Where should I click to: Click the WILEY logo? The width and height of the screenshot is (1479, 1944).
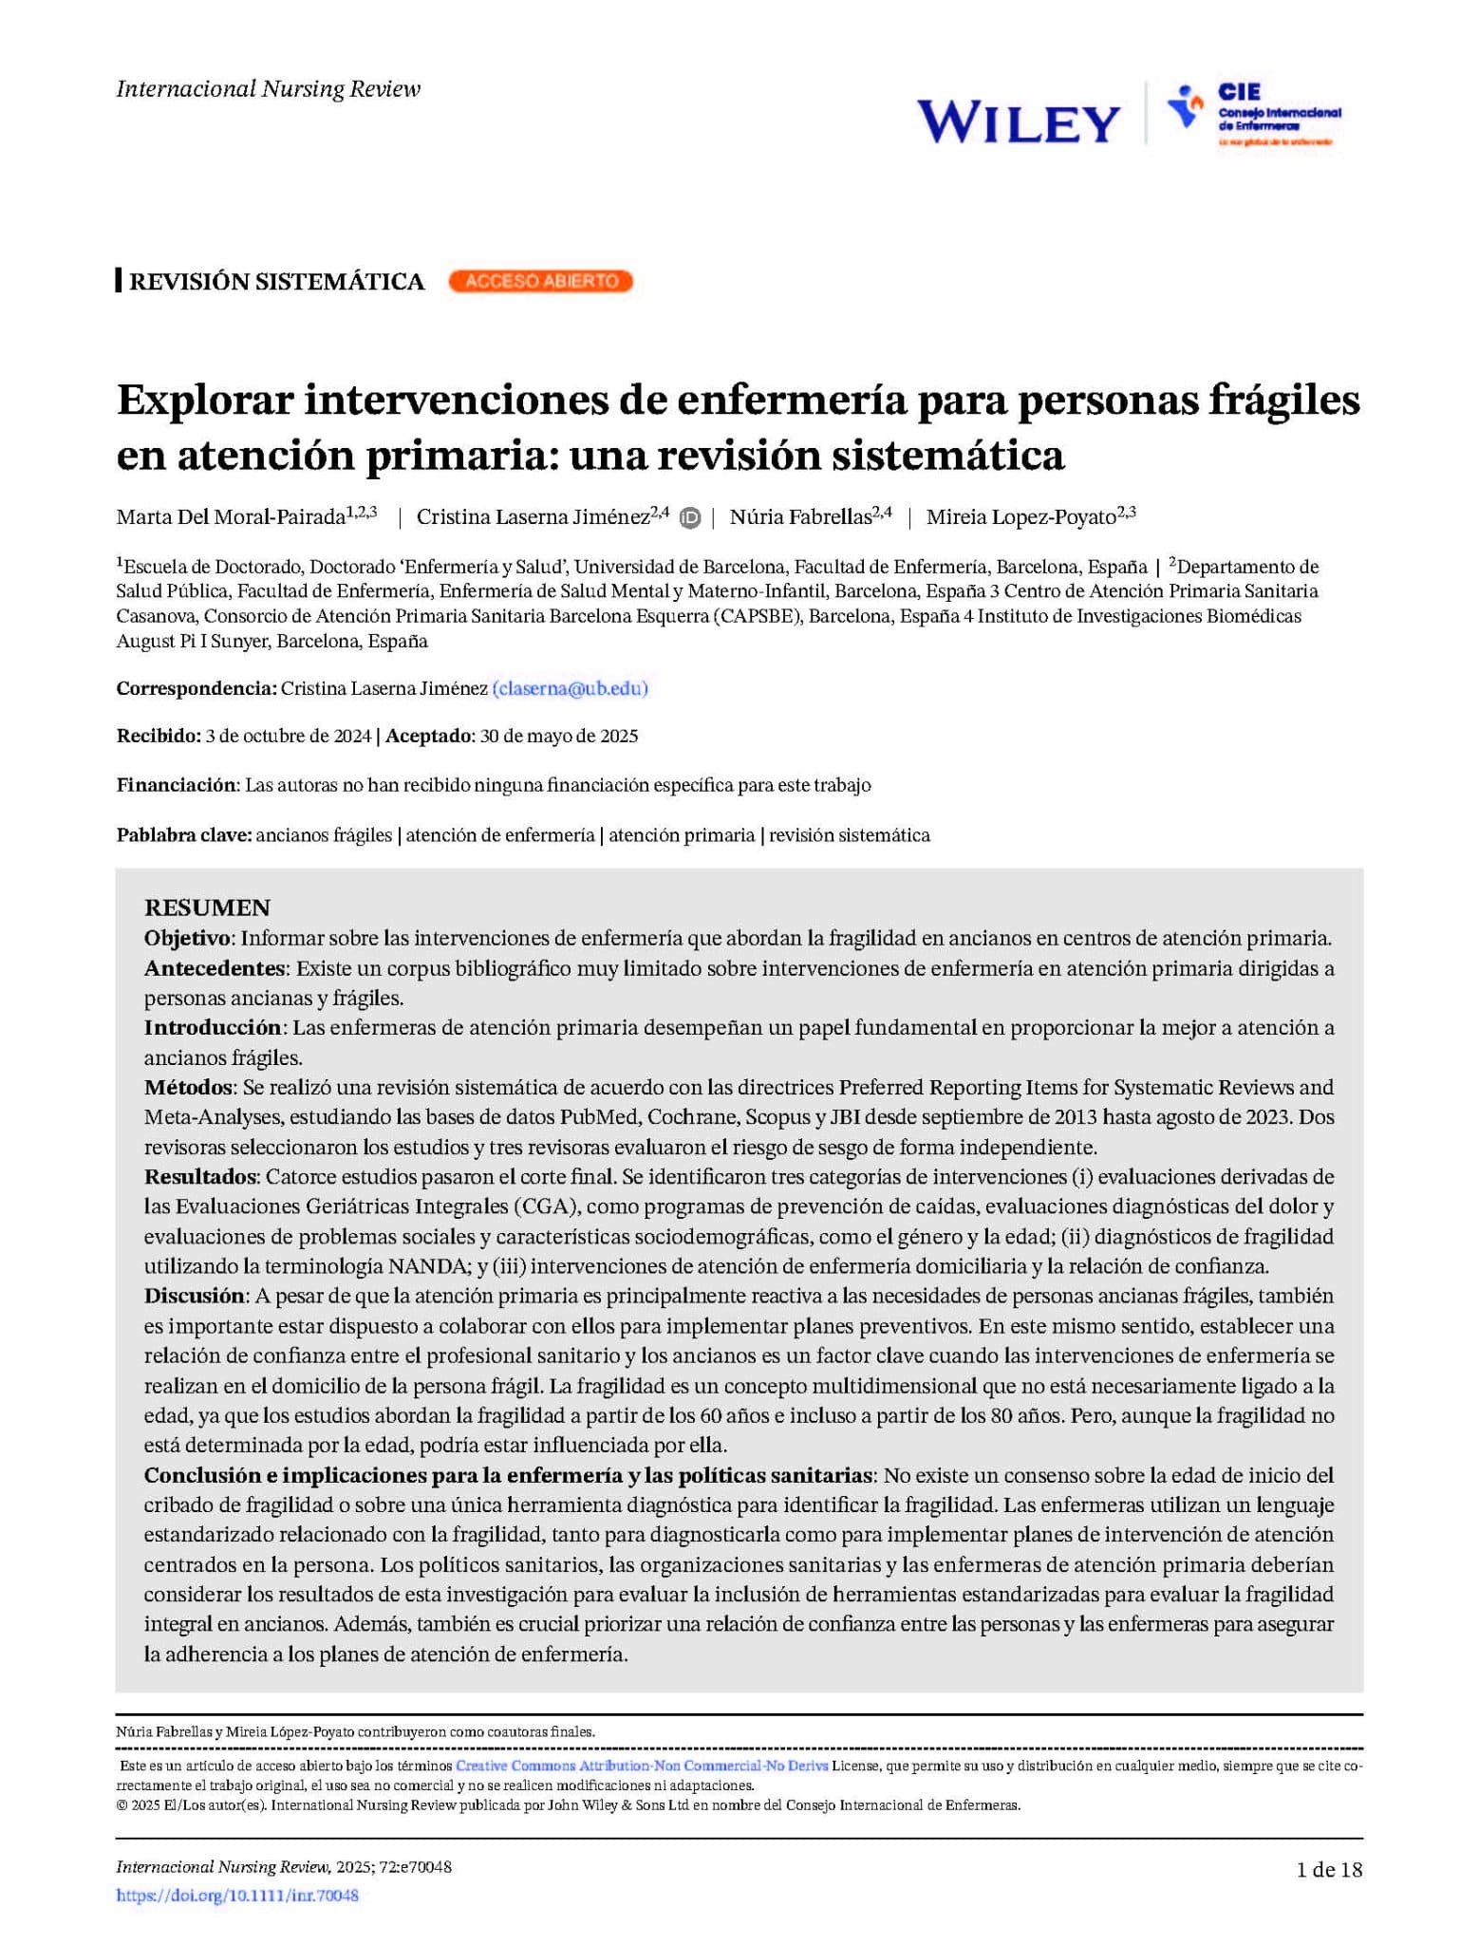pyautogui.click(x=1018, y=122)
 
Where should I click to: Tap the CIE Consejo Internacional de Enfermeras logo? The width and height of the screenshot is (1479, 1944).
pyautogui.click(x=1253, y=114)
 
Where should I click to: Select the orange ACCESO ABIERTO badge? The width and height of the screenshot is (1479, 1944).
pyautogui.click(x=540, y=281)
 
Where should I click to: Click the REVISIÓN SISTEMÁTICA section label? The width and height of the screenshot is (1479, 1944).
pyautogui.click(x=276, y=282)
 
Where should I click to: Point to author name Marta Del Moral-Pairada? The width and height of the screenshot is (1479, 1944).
pyautogui.click(x=231, y=517)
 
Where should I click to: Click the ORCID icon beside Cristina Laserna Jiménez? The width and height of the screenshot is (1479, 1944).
pyautogui.click(x=691, y=518)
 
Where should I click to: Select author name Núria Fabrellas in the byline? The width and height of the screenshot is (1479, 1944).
pyautogui.click(x=799, y=517)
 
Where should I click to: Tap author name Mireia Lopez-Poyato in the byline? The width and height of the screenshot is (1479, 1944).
pyautogui.click(x=1020, y=517)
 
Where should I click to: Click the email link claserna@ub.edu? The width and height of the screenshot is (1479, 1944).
pyautogui.click(x=570, y=688)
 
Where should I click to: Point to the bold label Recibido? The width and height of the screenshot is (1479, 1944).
pyautogui.click(x=159, y=737)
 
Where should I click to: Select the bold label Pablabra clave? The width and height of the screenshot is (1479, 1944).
pyautogui.click(x=184, y=835)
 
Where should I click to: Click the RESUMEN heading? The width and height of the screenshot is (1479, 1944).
pyautogui.click(x=207, y=907)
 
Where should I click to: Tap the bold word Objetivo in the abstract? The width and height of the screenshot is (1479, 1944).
pyautogui.click(x=187, y=938)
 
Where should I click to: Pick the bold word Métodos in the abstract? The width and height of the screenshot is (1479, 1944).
pyautogui.click(x=188, y=1087)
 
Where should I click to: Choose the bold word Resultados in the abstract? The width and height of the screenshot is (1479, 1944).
pyautogui.click(x=200, y=1177)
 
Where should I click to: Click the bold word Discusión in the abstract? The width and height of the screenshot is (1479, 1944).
pyautogui.click(x=195, y=1296)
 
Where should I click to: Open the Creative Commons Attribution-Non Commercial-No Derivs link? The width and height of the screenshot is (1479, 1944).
pyautogui.click(x=642, y=1766)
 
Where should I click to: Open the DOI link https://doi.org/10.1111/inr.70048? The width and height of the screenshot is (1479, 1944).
pyautogui.click(x=237, y=1896)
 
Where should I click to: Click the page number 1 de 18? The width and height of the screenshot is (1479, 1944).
pyautogui.click(x=1329, y=1869)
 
